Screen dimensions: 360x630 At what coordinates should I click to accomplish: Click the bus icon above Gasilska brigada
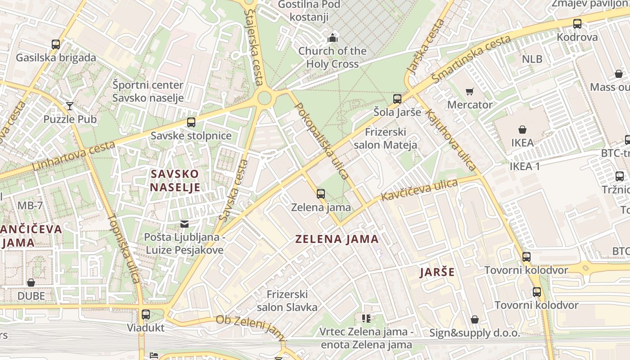click(56, 45)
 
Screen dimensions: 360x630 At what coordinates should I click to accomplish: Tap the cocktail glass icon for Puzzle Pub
click(69, 106)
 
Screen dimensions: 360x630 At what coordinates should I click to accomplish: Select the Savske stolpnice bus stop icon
click(191, 122)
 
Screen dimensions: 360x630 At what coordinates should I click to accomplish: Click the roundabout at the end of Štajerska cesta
click(265, 97)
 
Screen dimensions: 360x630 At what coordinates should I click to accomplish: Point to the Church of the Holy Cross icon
click(333, 37)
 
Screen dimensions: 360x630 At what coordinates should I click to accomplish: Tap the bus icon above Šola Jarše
click(397, 99)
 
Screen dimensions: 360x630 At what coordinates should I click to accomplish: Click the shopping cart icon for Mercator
click(470, 92)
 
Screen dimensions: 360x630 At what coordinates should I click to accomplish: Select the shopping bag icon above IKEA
click(522, 130)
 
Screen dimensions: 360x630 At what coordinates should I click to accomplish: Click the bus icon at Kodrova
click(577, 24)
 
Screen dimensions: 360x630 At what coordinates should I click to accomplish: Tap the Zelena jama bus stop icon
click(321, 194)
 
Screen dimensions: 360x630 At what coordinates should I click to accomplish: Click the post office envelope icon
click(184, 224)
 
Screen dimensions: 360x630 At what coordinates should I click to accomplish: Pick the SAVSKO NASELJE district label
click(175, 180)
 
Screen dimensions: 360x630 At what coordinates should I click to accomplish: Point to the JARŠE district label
click(437, 272)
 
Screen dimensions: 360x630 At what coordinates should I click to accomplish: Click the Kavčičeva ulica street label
click(419, 190)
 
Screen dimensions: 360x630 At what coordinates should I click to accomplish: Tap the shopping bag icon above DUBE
click(31, 283)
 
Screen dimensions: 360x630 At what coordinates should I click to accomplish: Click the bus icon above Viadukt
click(145, 315)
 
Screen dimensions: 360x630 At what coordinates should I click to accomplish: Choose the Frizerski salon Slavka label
click(287, 301)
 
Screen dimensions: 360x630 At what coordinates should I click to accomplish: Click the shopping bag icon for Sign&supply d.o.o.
click(474, 320)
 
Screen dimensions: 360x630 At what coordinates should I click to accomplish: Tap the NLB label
click(532, 59)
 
